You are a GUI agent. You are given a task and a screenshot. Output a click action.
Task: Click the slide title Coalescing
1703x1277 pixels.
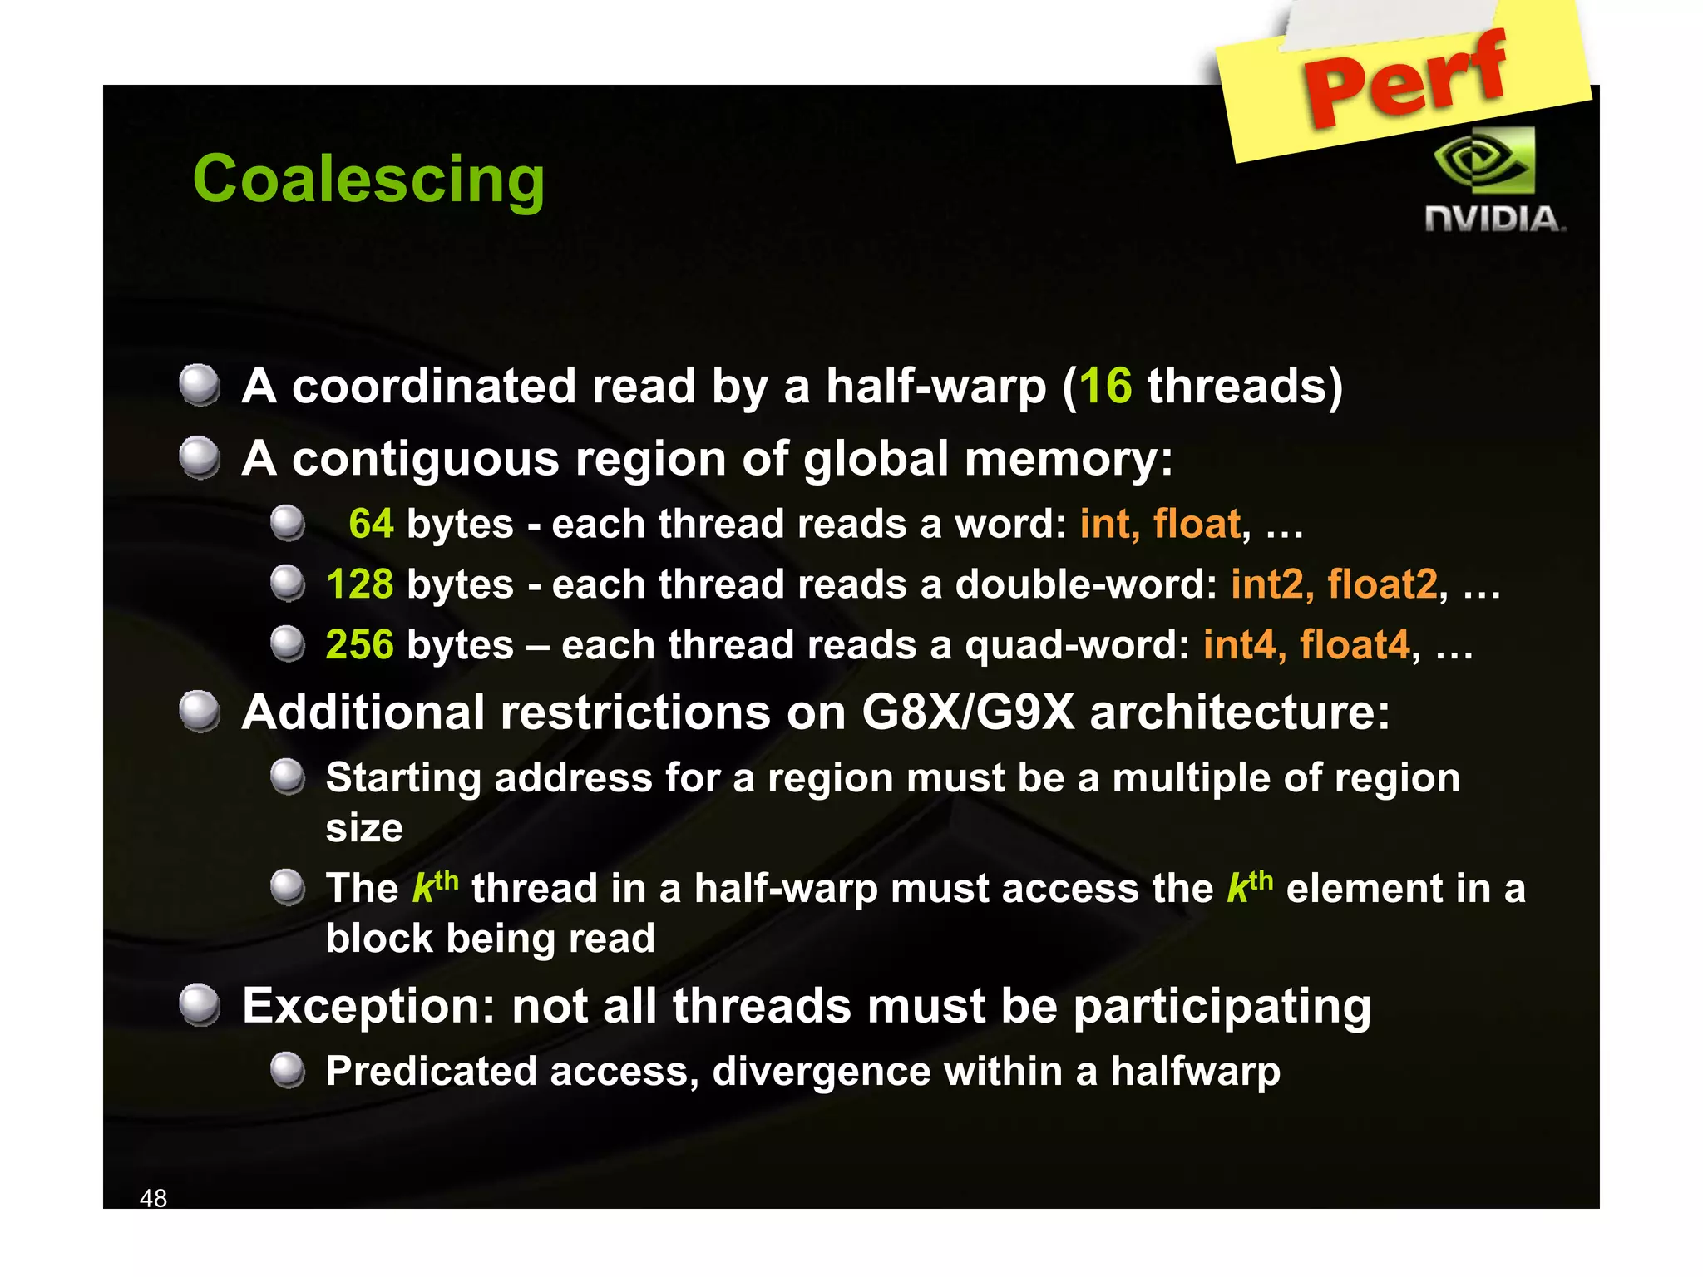(x=368, y=180)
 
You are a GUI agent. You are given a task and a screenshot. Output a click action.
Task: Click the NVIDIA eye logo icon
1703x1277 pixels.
(x=1485, y=160)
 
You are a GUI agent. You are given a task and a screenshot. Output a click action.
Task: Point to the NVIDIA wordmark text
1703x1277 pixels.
(x=1494, y=219)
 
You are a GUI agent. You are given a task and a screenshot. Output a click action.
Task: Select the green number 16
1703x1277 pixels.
(x=1105, y=387)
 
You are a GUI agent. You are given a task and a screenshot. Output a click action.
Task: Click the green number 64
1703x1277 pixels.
(x=371, y=525)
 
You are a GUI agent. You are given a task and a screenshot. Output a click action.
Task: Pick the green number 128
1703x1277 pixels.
(x=359, y=584)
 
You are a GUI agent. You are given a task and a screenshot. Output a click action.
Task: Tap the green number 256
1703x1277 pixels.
(x=359, y=645)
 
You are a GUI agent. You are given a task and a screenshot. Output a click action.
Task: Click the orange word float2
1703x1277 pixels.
(x=1382, y=584)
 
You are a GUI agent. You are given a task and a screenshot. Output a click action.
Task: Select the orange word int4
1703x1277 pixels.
(x=1239, y=645)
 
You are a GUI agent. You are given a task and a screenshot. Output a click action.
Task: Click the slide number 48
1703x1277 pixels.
(x=153, y=1198)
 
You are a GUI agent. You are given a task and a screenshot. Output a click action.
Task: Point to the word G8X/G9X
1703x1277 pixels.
(x=968, y=713)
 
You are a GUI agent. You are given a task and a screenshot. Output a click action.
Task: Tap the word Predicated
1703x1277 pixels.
(x=429, y=1072)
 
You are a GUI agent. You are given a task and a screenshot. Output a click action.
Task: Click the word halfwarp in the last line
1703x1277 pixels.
(x=1196, y=1072)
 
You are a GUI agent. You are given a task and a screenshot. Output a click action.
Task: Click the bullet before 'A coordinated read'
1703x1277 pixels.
(x=200, y=385)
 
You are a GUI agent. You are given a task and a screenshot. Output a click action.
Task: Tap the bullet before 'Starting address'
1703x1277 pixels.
(x=288, y=777)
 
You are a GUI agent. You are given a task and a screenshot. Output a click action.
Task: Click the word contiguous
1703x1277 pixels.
(x=426, y=460)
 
